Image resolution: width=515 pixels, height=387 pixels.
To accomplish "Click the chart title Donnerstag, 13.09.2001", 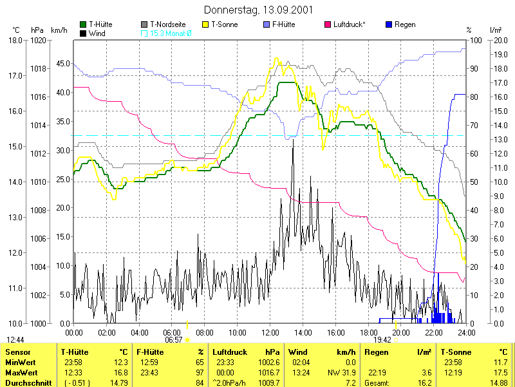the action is [x=258, y=10].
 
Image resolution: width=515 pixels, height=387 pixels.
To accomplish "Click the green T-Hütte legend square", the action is [x=83, y=24].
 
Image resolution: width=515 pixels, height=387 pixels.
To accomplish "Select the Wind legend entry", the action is [x=93, y=33].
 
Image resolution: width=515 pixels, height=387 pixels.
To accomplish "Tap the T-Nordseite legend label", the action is [x=168, y=24].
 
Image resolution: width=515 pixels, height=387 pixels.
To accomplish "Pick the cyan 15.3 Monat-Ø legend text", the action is [x=171, y=33].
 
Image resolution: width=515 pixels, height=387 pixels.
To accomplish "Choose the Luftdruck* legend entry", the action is [x=345, y=24].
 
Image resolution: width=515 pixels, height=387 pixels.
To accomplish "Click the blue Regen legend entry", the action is [x=400, y=24].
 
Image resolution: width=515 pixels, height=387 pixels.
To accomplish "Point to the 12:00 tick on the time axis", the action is [x=270, y=332].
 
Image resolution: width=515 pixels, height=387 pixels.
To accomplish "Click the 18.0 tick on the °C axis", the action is [x=15, y=41].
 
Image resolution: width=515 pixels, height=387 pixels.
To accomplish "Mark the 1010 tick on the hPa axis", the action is [x=38, y=182].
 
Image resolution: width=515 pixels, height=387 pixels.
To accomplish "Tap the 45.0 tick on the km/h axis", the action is [x=63, y=63].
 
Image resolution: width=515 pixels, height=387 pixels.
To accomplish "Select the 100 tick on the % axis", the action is [x=476, y=41].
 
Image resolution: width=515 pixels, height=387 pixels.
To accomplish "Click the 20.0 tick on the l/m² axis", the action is [x=501, y=41].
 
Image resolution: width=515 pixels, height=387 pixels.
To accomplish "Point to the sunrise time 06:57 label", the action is [x=173, y=340].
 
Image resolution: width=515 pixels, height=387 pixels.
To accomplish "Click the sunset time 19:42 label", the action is [x=382, y=340].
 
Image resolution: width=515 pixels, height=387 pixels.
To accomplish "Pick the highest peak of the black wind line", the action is [x=293, y=140].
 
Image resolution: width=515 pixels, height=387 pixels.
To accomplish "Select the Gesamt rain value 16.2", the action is [x=425, y=382].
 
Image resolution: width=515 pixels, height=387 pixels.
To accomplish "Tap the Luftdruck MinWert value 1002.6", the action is [x=269, y=363].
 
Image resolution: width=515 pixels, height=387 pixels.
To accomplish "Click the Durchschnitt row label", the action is [x=28, y=382].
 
